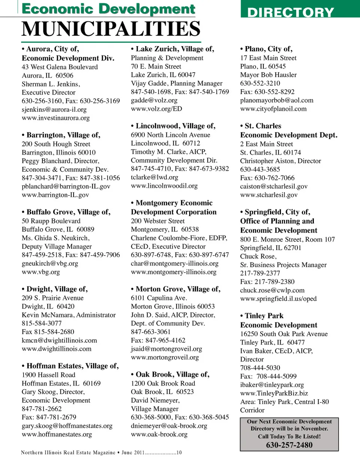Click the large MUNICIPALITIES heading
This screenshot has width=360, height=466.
pos(111,29)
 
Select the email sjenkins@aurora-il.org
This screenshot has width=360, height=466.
pos(54,109)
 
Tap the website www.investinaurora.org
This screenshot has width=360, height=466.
pos(55,118)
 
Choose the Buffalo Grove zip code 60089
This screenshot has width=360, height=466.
pos(85,229)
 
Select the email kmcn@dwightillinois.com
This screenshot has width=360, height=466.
pos(59,340)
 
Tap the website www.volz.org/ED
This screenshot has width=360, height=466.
pos(156,109)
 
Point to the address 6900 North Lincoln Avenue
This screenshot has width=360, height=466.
pos(170,135)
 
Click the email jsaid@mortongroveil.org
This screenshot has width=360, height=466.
pos(166,349)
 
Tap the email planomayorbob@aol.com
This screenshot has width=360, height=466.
pos(277,100)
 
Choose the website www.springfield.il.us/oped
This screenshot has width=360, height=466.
pos(278,299)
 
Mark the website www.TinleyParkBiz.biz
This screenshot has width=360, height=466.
pos(274,393)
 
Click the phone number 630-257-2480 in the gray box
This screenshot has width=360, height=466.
pos(289,445)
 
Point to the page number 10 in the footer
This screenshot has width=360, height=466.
pos(179,453)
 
